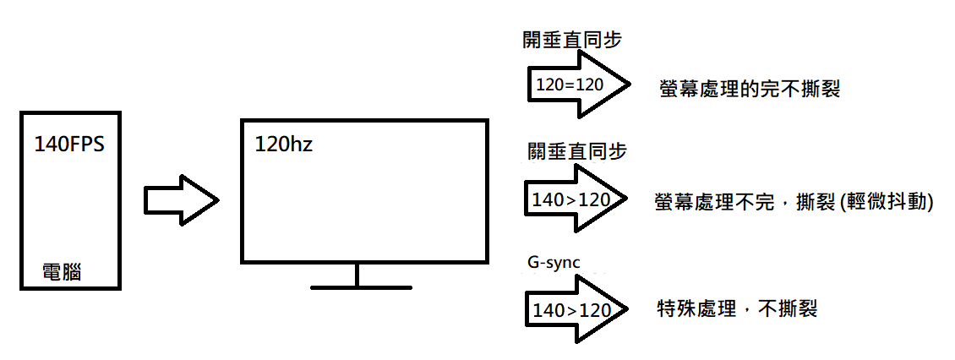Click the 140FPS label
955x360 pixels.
[69, 144]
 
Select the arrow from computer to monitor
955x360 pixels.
[182, 201]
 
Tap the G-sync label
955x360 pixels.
[553, 262]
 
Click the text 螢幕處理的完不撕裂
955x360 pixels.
[749, 88]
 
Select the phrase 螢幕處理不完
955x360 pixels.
[713, 203]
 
